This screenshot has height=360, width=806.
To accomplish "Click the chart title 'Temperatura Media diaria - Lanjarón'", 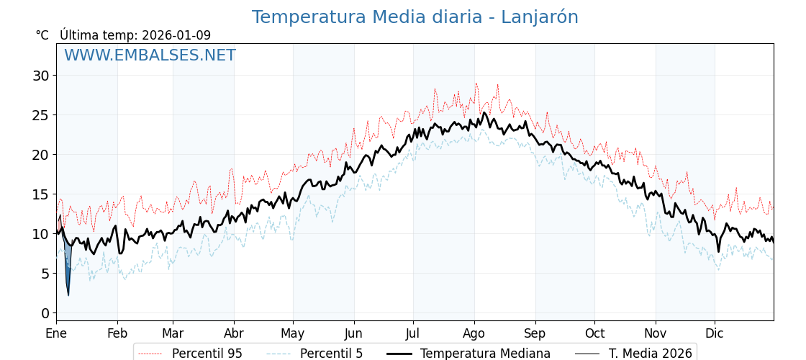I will (415, 17).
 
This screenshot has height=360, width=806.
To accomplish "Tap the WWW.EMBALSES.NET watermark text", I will (150, 55).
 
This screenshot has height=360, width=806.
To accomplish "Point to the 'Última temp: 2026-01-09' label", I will (135, 35).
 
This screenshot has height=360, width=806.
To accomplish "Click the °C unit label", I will (42, 35).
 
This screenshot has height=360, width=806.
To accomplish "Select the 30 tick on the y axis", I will (41, 76).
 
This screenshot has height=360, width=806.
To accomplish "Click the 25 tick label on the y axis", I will (41, 115).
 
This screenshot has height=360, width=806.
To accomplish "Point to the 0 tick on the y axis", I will (45, 313).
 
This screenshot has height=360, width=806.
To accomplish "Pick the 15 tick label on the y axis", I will (41, 194).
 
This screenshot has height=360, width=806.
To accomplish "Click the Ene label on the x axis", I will (56, 334).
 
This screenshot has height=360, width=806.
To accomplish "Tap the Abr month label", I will (234, 334).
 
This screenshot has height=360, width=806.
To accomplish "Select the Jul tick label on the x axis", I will (413, 334).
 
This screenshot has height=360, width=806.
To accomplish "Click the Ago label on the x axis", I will (474, 334).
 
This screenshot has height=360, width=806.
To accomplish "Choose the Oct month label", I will (594, 334).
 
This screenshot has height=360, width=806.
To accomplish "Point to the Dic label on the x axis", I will (715, 334).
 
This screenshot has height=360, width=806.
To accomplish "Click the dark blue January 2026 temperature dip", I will (68, 270).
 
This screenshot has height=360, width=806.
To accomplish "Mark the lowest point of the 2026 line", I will (68, 294).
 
